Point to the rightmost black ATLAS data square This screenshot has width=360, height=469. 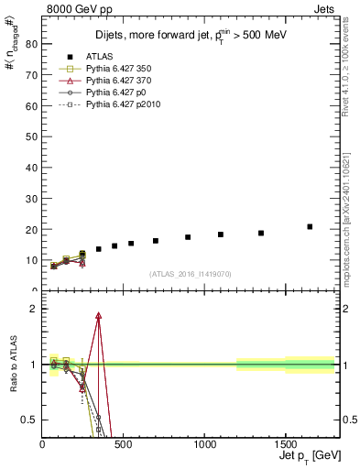point(310,226)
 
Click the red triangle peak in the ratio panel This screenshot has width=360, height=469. point(98,315)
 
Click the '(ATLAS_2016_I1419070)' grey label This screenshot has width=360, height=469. point(190,273)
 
